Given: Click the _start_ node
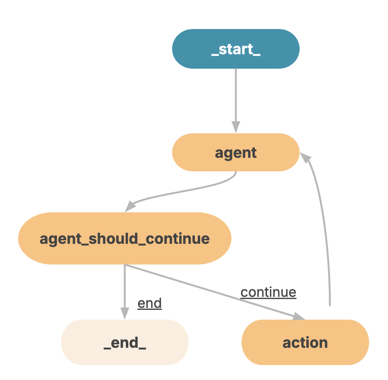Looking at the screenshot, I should point(236,49).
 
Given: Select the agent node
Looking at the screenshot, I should point(236,152).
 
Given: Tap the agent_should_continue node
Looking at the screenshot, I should point(125,239).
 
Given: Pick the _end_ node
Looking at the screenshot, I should point(125,342).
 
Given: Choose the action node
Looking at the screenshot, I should point(305,342).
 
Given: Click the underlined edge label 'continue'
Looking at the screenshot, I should point(268,292).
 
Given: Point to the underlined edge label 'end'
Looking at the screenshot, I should point(149,303).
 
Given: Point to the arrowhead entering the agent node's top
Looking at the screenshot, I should point(236,127).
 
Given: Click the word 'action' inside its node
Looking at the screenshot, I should point(305,342).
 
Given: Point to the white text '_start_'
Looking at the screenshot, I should point(236,49).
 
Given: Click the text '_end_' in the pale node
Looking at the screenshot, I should point(125,343).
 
